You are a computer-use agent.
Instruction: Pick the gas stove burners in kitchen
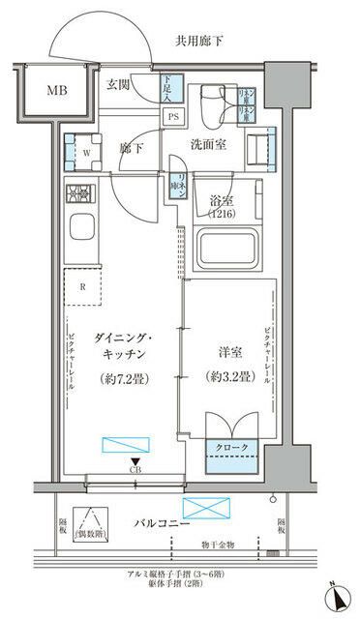pos(77,192)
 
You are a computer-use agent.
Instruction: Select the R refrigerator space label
pos(83,287)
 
